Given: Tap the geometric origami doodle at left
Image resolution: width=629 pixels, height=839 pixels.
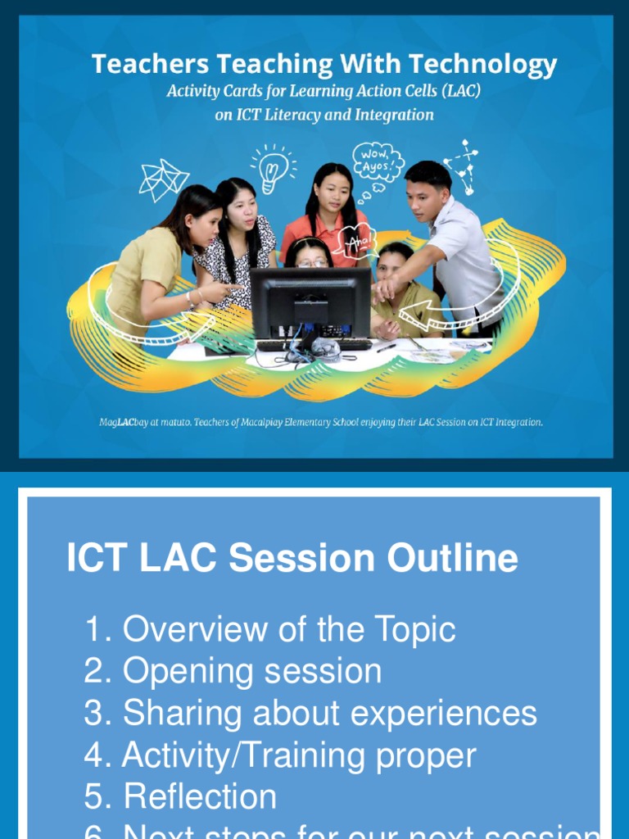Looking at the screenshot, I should pos(163,179).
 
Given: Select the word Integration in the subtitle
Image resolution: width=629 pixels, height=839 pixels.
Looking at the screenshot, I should pos(393,115).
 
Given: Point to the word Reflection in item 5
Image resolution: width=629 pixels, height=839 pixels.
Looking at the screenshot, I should pos(200,797).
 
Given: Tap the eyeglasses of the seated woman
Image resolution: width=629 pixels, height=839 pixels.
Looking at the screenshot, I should pos(312,263).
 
